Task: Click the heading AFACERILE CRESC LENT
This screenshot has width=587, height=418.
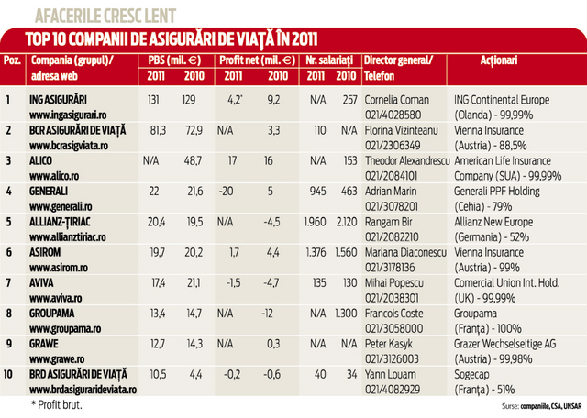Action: click(105, 14)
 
